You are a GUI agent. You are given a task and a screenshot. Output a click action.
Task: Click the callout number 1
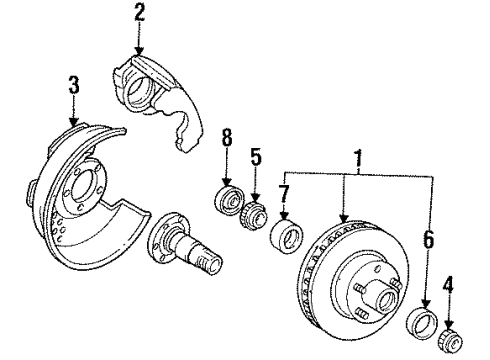[358, 159]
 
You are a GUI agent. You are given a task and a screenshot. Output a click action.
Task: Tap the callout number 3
[74, 85]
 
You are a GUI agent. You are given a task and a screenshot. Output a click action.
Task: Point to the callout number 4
[449, 287]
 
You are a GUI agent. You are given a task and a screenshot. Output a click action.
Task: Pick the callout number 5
[256, 157]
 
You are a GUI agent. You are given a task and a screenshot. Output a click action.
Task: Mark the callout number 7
[284, 194]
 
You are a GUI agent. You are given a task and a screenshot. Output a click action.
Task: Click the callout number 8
[227, 137]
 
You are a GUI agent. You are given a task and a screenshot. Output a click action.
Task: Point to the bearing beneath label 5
[254, 214]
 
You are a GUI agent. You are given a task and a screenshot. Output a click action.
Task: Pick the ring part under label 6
[422, 323]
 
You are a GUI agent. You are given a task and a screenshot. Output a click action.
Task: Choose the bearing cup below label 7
[287, 236]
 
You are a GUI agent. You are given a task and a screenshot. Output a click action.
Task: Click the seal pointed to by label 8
[229, 200]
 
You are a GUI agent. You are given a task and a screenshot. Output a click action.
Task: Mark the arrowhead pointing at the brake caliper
[139, 51]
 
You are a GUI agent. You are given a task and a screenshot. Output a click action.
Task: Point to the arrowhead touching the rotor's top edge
[344, 219]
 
